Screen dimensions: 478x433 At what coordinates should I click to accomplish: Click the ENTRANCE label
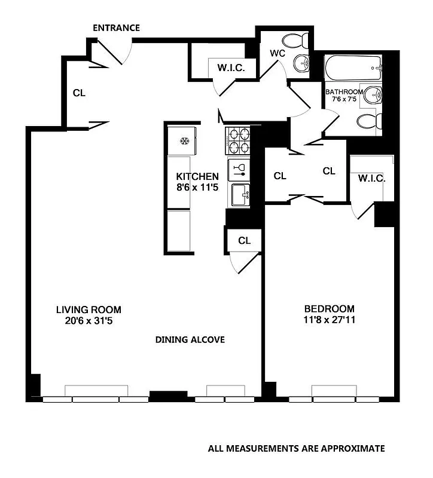point(117,28)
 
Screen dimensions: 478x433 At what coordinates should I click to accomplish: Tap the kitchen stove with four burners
point(237,142)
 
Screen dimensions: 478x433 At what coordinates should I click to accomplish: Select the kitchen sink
point(237,192)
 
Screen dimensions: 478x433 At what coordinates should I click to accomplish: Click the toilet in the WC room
point(295,41)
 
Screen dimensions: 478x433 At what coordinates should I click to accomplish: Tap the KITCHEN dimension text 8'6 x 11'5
point(197,188)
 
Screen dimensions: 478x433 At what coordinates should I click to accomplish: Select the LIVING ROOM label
point(89,310)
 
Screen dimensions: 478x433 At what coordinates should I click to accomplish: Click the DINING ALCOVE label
point(190,340)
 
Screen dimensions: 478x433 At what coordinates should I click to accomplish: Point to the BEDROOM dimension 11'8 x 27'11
point(329,320)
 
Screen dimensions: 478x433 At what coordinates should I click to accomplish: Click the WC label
point(277,53)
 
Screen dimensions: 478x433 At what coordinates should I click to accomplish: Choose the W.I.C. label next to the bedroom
point(371,179)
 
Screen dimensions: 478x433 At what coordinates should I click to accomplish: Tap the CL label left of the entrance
point(79,93)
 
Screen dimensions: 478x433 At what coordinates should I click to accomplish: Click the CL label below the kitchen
point(244,241)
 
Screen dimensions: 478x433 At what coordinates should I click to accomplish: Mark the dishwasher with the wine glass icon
point(237,168)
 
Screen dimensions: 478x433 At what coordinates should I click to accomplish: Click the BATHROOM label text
point(344,92)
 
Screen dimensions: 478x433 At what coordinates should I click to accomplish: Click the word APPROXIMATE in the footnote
point(352,448)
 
